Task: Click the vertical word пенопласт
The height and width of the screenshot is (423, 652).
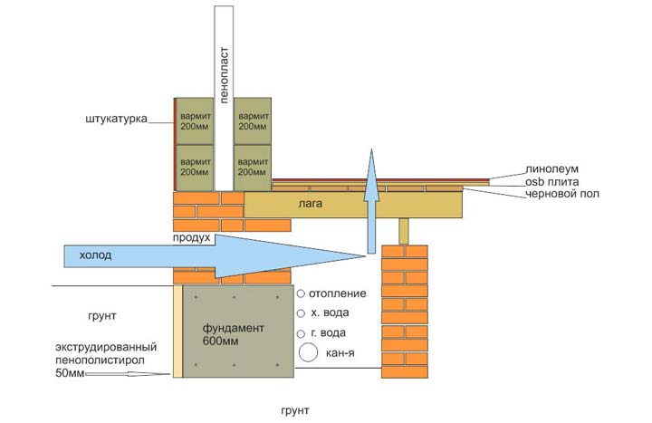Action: click(x=224, y=75)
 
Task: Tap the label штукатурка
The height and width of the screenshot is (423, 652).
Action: click(x=117, y=119)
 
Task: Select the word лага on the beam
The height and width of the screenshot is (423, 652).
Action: click(x=311, y=204)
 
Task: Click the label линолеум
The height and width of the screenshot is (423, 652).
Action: click(x=551, y=169)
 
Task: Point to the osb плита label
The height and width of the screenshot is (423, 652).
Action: click(x=551, y=182)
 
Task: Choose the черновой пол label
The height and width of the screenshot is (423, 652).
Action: click(x=562, y=194)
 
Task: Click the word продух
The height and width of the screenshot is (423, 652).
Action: click(x=192, y=239)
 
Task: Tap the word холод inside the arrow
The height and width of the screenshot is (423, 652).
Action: click(x=95, y=255)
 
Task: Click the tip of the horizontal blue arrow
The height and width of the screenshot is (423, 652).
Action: click(x=365, y=256)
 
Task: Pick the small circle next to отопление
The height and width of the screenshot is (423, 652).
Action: click(x=301, y=293)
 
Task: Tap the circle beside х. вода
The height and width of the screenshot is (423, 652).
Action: click(x=301, y=313)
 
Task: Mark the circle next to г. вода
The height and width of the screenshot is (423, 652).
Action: click(x=301, y=333)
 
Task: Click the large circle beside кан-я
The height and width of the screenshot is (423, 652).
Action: click(x=308, y=352)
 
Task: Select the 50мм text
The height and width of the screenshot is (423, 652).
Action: click(x=70, y=372)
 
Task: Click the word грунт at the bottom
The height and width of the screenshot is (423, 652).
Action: click(x=295, y=410)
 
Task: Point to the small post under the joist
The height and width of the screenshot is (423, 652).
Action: click(x=403, y=231)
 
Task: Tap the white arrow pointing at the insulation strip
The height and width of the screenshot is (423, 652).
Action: click(x=128, y=374)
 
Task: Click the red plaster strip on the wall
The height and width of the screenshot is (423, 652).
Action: click(x=175, y=144)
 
